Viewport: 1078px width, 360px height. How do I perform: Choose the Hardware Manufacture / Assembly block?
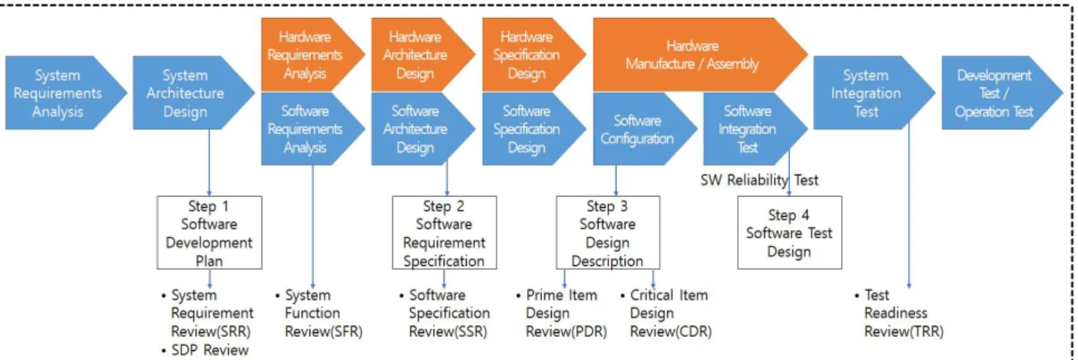699,55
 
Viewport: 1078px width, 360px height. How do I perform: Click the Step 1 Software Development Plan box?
209,233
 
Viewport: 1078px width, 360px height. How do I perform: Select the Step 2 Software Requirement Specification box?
444,233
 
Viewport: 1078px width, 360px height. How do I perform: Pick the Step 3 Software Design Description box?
608,233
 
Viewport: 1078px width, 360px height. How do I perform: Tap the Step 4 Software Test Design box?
789,233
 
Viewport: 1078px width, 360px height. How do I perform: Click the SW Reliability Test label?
759,180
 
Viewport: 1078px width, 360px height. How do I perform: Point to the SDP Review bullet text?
205,350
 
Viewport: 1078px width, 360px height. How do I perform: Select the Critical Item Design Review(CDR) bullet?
666,313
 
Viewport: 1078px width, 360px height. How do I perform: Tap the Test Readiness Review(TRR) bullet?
900,313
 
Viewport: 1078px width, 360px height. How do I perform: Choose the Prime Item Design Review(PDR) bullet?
561,313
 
